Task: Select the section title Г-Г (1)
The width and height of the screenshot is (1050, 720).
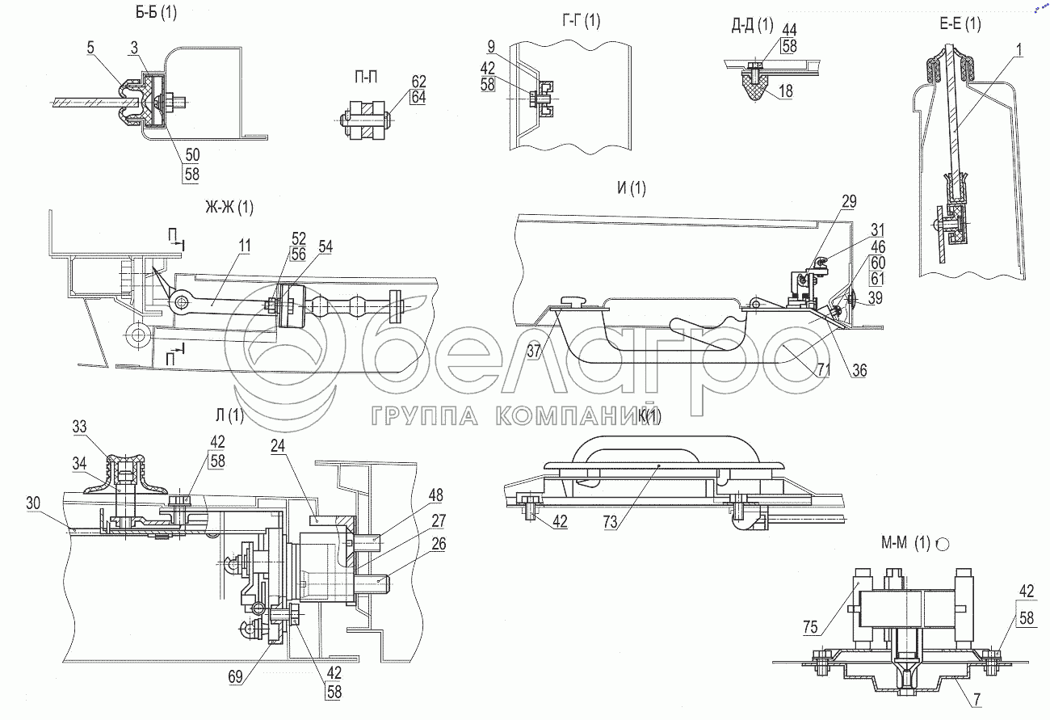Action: (580, 22)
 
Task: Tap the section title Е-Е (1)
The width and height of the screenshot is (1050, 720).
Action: (961, 24)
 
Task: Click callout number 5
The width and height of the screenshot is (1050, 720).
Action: (92, 48)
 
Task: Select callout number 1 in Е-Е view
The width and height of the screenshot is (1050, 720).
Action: (1020, 50)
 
